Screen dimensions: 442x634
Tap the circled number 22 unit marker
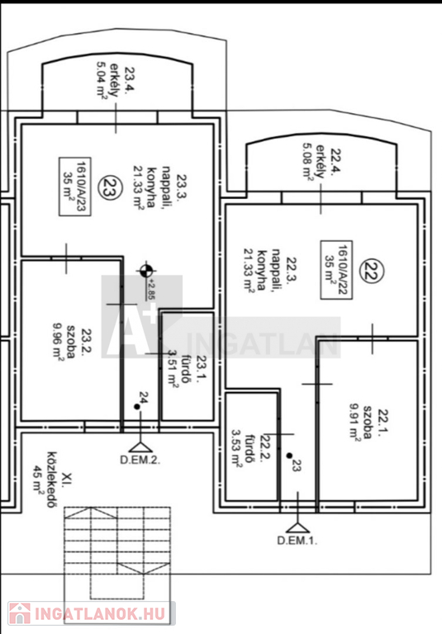coord(373,271)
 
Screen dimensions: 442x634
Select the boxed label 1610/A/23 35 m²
coord(75,187)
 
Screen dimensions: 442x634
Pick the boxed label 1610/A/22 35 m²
coord(336,270)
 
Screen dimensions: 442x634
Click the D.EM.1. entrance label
coord(297,541)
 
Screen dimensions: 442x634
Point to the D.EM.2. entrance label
coord(140,460)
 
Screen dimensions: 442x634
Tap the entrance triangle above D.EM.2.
coord(140,447)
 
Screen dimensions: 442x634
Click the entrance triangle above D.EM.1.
coord(297,528)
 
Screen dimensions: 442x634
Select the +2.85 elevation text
coord(152,289)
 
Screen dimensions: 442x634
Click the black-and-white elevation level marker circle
coord(146,271)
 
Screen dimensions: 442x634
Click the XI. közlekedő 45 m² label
coord(52,479)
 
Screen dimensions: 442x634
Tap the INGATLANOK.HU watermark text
coord(100,613)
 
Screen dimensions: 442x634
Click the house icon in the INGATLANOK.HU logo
coord(20,613)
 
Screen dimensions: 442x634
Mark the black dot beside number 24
coord(137,407)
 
